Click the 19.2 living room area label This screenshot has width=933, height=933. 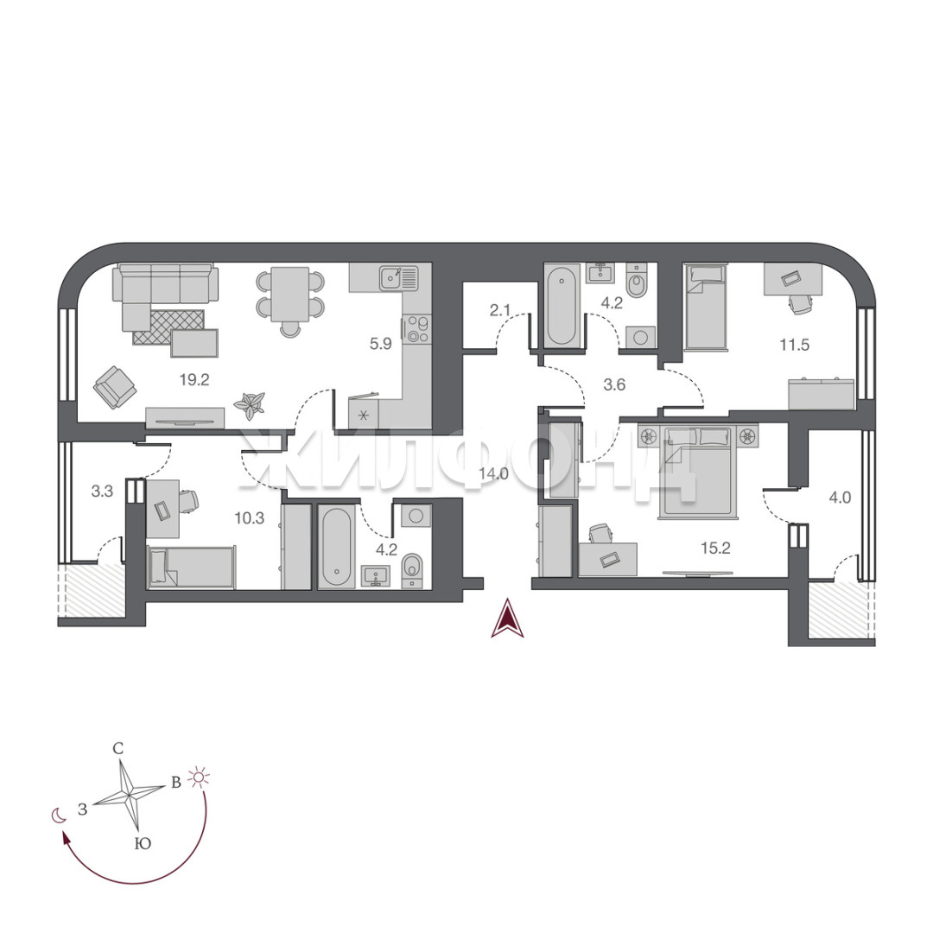click(x=194, y=379)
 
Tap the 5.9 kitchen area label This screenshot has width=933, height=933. click(x=381, y=344)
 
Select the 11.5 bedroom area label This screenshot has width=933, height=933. click(x=795, y=345)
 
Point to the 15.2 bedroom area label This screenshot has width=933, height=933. click(x=715, y=548)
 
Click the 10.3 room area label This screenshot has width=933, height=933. click(x=250, y=518)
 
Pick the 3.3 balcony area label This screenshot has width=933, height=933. click(x=102, y=492)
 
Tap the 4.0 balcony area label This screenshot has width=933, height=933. click(x=841, y=498)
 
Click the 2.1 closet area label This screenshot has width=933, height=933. click(x=500, y=310)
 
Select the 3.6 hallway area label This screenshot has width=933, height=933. click(x=614, y=385)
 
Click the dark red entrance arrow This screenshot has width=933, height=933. click(x=507, y=619)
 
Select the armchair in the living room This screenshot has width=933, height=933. click(x=115, y=388)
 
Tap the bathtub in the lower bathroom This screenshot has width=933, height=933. click(x=337, y=547)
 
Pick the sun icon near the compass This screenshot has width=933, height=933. click(x=199, y=777)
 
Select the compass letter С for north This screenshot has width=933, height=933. click(x=118, y=748)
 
